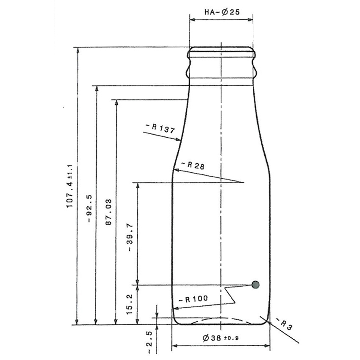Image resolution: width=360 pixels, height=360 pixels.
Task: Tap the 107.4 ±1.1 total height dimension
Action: pos(70,185)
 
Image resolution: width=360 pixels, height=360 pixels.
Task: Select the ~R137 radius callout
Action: pos(160,128)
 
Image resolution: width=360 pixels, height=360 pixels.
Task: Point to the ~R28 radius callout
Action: pos(192,166)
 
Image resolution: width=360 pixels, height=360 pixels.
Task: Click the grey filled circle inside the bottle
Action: pos(256,285)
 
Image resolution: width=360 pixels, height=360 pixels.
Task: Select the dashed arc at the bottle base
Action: pos(221,318)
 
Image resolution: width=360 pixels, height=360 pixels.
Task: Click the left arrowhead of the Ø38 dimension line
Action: pos(174,346)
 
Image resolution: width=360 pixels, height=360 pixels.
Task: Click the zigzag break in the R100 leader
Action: pos(230,295)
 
